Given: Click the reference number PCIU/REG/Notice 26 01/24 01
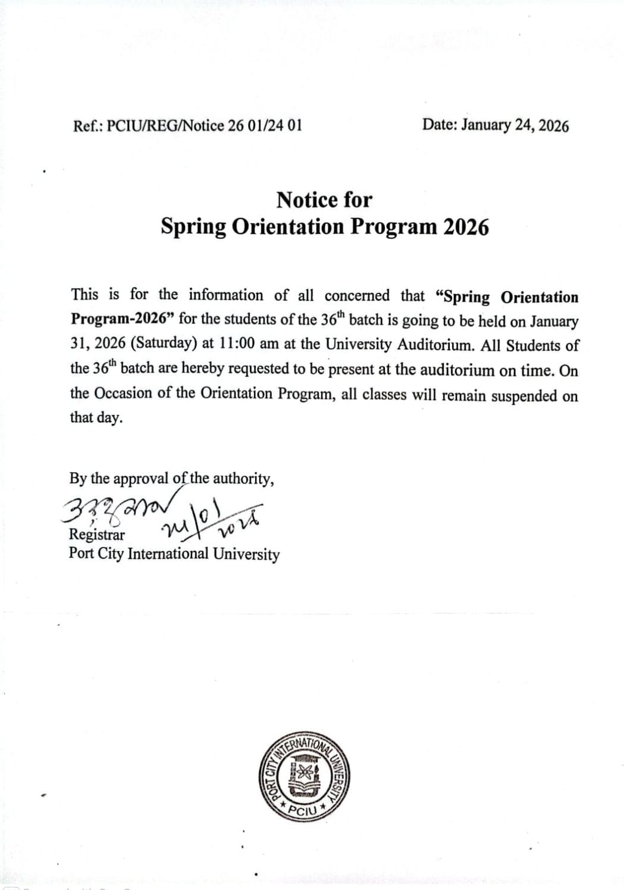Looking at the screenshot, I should tap(204, 126).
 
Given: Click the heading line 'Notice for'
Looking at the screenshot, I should tap(324, 200).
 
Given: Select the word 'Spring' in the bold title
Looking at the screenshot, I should tap(194, 227).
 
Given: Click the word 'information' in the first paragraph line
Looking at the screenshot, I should tap(226, 295).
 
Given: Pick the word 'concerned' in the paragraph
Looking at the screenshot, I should tap(358, 296).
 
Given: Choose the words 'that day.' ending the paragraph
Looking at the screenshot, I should tap(96, 418).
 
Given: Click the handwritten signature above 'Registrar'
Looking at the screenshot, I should tap(122, 509).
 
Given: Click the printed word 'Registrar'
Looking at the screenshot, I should tap(97, 534).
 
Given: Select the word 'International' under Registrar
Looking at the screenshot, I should tap(168, 554).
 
